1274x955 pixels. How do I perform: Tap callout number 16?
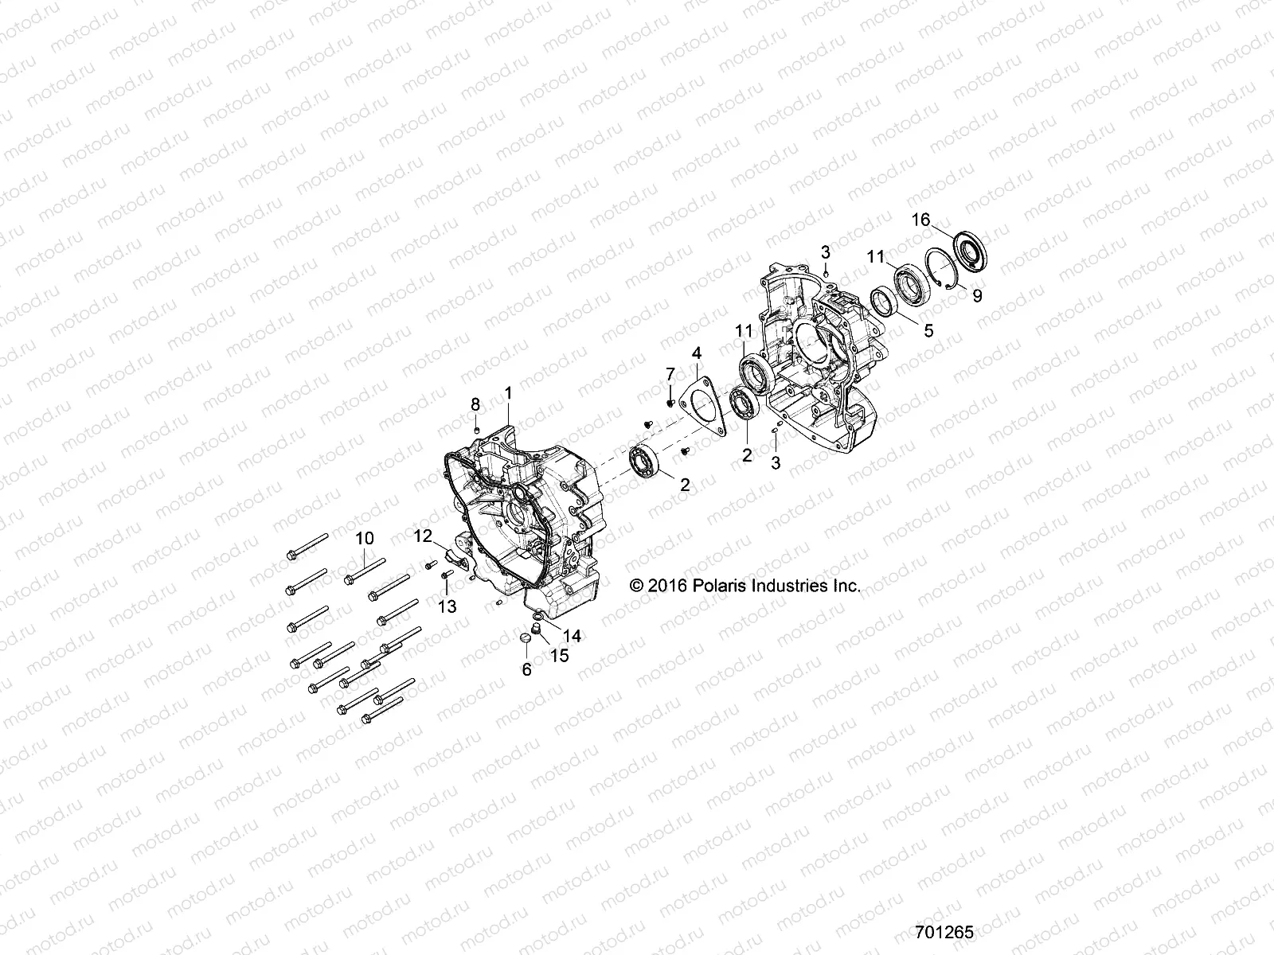(x=920, y=220)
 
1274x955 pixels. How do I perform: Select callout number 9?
(x=977, y=295)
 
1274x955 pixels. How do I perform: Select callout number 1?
(x=509, y=392)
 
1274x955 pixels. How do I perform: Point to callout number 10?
(x=364, y=538)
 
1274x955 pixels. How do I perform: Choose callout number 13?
(x=447, y=606)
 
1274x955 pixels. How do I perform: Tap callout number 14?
(x=572, y=635)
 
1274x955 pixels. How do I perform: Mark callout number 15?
(x=560, y=656)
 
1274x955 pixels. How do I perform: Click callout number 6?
(x=526, y=670)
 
